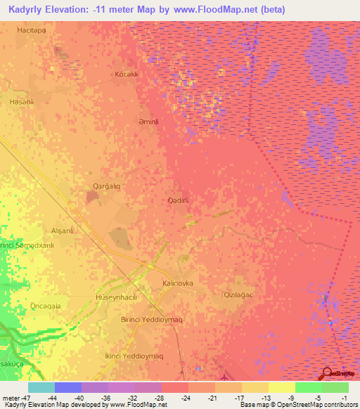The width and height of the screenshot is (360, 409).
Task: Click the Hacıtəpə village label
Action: pyautogui.click(x=35, y=30)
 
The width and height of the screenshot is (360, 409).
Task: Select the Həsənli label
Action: pyautogui.click(x=22, y=102)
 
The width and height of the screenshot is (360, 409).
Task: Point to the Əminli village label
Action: pyautogui.click(x=153, y=121)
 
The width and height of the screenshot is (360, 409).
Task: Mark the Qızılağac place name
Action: pyautogui.click(x=237, y=294)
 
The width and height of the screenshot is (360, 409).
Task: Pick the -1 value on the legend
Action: pyautogui.click(x=345, y=397)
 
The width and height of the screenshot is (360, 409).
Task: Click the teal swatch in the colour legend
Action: pyautogui.click(x=41, y=387)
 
